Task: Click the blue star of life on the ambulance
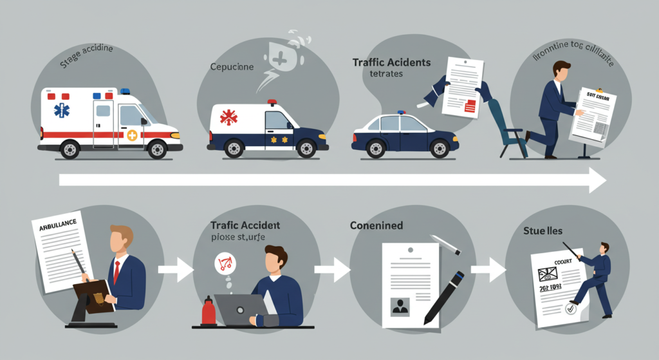(62, 110)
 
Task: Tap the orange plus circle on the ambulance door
(132, 135)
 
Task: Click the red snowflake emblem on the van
(228, 118)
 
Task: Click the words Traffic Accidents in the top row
(391, 63)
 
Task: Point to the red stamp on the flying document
(470, 106)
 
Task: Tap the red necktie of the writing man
(116, 271)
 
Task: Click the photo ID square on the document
(400, 306)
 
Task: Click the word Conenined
(376, 226)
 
